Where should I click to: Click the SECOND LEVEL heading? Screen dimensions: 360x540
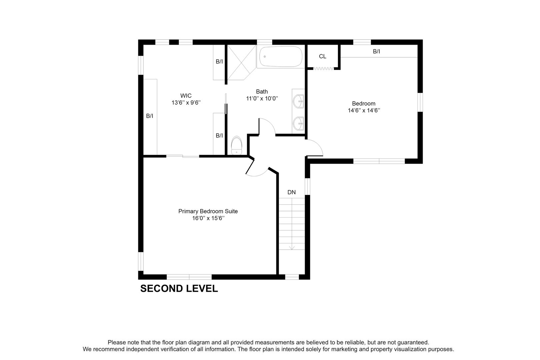coord(179,289)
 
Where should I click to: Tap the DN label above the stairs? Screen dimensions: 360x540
coord(292,192)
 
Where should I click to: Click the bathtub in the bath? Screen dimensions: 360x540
coord(281,57)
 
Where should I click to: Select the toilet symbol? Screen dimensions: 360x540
coord(236,146)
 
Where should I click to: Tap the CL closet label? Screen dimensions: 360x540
coord(322,56)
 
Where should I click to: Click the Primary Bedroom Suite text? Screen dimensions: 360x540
coord(208,211)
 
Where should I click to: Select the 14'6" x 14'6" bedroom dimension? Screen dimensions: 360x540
coord(364,110)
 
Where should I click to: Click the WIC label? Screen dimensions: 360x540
coord(186,96)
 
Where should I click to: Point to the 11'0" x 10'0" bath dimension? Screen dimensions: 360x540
coord(262,99)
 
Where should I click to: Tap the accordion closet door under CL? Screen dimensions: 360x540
coord(323,69)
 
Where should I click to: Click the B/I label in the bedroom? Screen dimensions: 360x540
coord(376,52)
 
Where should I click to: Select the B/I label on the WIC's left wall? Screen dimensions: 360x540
coord(150,116)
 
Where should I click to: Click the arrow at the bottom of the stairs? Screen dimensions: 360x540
coord(292,247)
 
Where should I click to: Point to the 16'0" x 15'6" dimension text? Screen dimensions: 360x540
coord(208,219)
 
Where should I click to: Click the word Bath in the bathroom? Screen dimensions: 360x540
coord(262,92)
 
